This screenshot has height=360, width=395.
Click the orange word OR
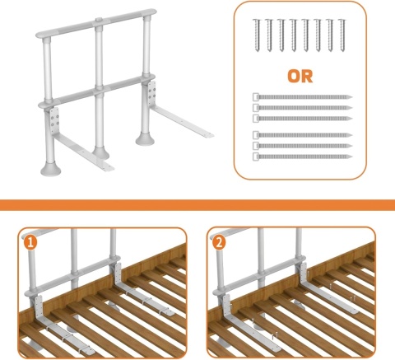[300, 77]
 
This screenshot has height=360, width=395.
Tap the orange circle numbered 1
[30, 243]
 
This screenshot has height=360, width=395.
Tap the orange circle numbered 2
[219, 242]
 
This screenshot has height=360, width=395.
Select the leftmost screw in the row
[257, 35]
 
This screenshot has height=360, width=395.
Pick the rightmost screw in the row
[342, 35]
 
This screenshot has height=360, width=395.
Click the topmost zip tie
[302, 97]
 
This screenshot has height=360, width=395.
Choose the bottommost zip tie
[302, 157]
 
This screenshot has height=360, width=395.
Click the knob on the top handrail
[100, 21]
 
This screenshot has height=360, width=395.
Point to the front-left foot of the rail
[50, 170]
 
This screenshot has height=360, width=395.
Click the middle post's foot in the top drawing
[100, 153]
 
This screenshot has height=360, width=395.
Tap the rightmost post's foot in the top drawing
[145, 139]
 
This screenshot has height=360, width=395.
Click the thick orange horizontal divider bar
[197, 205]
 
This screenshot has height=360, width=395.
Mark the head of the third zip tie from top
[256, 119]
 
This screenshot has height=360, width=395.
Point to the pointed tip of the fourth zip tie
[351, 135]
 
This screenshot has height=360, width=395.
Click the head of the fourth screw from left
[293, 21]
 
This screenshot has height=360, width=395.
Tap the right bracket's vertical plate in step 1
[118, 274]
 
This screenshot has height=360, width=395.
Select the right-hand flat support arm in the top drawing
[181, 121]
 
